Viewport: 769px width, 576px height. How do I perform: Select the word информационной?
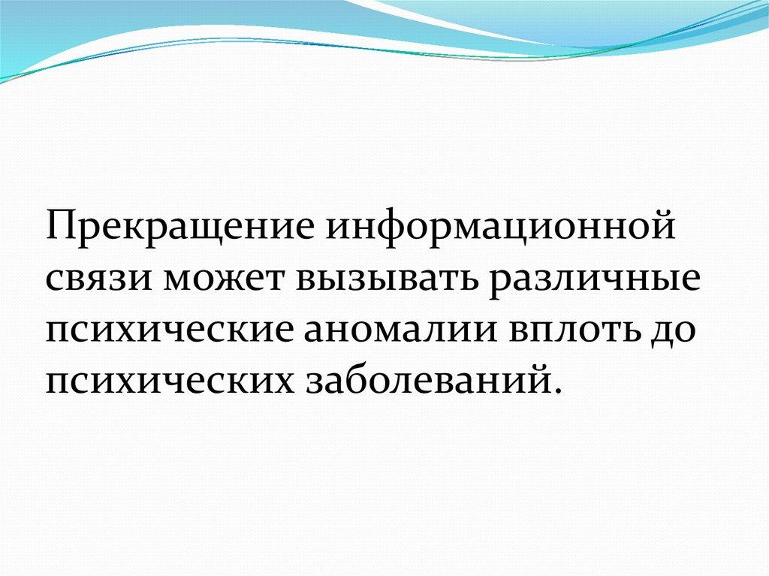click(x=501, y=228)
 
